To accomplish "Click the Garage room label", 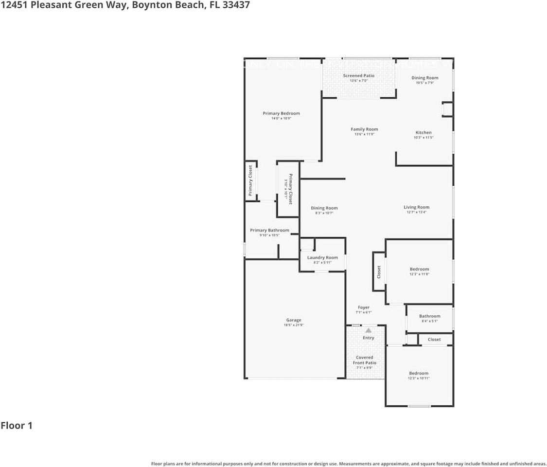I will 294,320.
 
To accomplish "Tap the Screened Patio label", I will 359,76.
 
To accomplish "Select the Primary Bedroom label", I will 281,113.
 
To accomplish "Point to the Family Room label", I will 364,129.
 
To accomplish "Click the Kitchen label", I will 423,132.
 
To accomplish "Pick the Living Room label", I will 416,207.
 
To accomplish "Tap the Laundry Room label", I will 322,257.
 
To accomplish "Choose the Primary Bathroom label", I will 269,230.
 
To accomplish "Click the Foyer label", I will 364,307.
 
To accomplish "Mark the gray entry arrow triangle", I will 368,330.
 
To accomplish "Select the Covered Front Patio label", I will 364,360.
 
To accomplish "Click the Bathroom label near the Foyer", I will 429,316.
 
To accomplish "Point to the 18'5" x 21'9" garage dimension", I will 294,325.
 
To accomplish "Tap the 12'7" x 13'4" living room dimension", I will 416,212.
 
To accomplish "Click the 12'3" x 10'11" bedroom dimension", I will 419,378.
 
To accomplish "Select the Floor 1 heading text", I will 17,426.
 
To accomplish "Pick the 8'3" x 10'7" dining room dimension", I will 324,213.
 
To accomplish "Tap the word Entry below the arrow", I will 368,338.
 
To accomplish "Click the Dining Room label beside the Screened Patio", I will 424,78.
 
